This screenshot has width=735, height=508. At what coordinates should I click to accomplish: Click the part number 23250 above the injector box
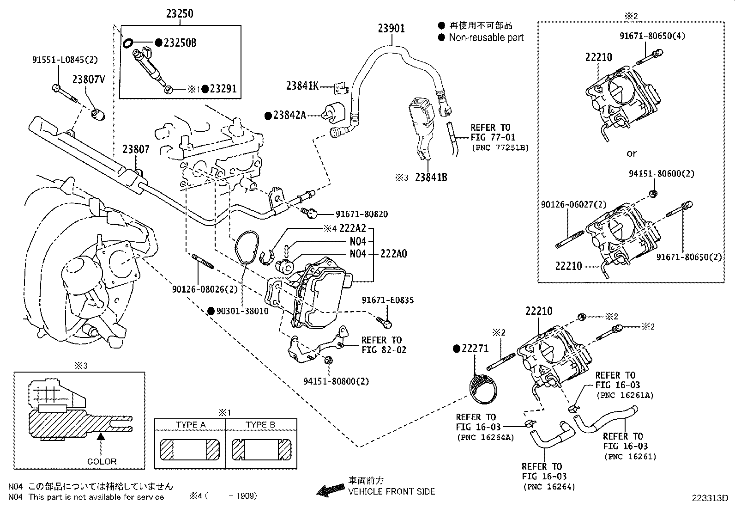coord(180,13)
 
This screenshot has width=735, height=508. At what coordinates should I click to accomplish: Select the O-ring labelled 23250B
coord(128,43)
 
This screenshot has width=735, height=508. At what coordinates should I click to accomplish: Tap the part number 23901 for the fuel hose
coord(391,28)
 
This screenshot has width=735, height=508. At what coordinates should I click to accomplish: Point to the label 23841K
coord(302,86)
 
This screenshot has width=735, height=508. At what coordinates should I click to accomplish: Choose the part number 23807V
coord(89,80)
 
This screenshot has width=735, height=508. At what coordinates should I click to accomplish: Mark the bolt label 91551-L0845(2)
coord(65,60)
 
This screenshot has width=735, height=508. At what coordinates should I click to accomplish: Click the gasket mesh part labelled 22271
coord(483,389)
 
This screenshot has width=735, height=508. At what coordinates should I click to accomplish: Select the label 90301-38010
coord(242,311)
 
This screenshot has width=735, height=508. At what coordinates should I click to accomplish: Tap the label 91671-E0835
coord(388,300)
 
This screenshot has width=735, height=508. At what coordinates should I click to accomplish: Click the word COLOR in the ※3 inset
coord(102,461)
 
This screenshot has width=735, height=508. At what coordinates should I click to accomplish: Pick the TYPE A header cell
coord(190,424)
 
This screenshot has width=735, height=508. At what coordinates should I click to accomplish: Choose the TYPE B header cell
coord(261,424)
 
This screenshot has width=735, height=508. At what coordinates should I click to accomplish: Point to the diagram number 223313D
coord(710,498)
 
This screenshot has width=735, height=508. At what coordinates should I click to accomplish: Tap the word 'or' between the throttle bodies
coord(631,153)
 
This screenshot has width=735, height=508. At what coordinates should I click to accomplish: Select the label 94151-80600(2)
coord(662,173)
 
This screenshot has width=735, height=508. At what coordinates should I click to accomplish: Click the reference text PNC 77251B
coord(500,147)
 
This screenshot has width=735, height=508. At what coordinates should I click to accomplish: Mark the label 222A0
coord(393,254)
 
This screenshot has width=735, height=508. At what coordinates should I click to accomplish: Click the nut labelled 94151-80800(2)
coord(327,360)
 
